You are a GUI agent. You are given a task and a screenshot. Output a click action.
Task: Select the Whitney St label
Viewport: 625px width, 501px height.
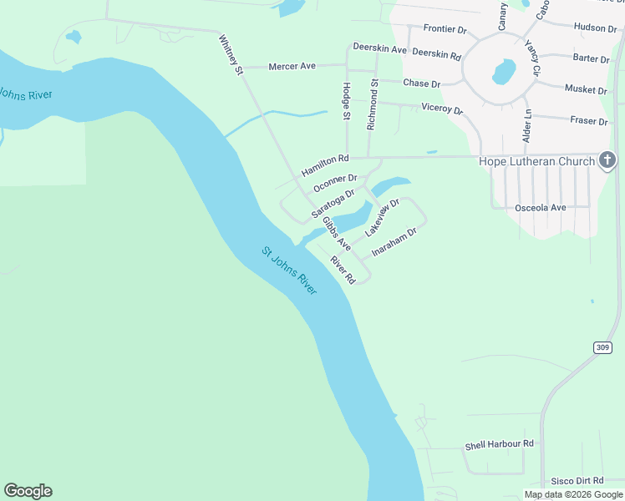pos(231,55)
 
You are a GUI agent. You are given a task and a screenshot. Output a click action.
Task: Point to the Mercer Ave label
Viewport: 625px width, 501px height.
pos(292,66)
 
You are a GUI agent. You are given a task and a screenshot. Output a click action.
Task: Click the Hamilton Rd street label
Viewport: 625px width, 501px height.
pos(325,164)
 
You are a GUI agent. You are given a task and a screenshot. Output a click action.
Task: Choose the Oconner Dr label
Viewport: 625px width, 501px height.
pos(335,183)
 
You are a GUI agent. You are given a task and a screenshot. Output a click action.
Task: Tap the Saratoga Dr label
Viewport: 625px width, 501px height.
pos(333,203)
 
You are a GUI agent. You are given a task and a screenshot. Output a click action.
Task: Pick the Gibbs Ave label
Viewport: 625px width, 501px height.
pos(338,234)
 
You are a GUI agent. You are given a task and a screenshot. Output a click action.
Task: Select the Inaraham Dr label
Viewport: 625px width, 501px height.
pos(394,242)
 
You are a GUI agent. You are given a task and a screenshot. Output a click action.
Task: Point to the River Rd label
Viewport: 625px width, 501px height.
pos(343,269)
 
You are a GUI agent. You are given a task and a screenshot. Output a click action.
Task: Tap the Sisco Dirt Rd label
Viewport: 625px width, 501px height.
pos(577,481)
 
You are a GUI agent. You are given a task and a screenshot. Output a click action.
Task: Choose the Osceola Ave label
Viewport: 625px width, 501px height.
pos(541,207)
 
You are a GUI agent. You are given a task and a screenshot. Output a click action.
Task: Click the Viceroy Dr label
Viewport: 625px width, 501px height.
pos(442,108)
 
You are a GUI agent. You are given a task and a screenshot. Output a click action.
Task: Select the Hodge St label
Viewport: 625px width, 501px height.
pos(346,101)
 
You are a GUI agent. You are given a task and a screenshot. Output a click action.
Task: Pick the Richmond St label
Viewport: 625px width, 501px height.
pos(373,105)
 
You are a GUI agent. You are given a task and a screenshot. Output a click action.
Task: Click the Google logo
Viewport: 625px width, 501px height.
pos(28,491)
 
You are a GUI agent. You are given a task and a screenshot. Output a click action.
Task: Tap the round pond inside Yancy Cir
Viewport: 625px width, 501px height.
pos(504,72)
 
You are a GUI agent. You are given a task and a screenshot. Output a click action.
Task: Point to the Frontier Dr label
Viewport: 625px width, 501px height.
pos(445,28)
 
